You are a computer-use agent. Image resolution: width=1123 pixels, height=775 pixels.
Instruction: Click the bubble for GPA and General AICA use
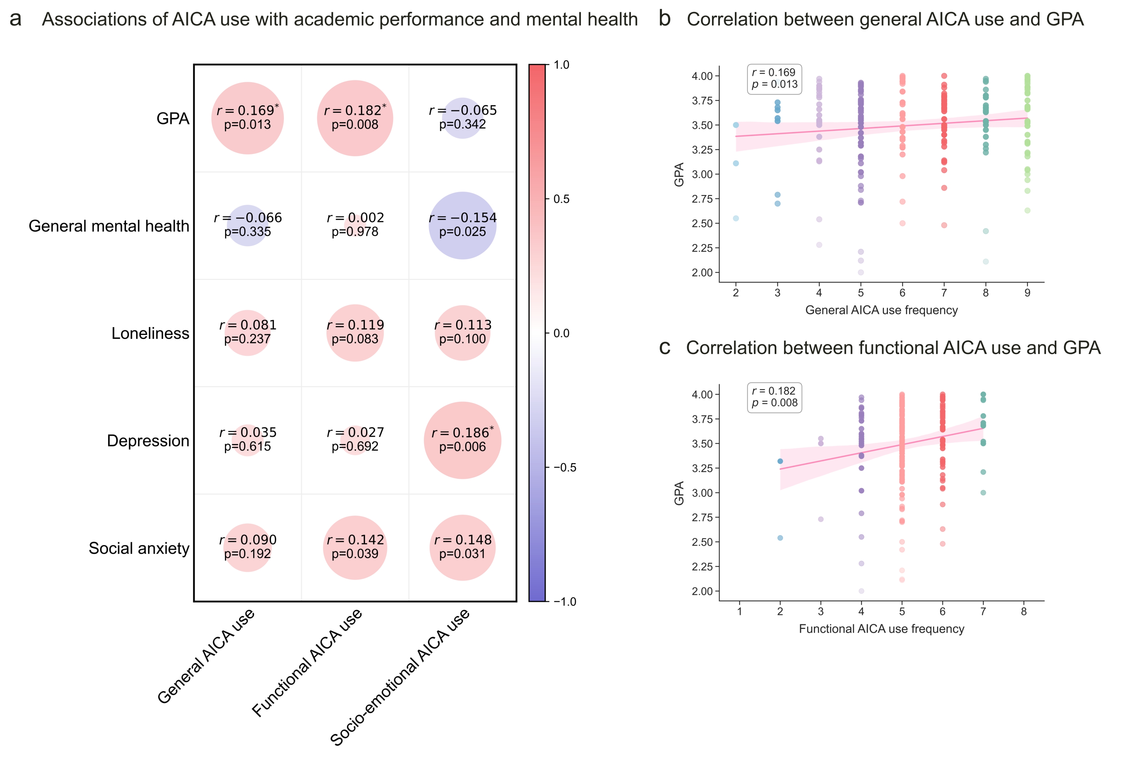point(247,118)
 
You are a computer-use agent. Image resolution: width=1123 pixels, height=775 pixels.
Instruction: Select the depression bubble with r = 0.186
point(462,440)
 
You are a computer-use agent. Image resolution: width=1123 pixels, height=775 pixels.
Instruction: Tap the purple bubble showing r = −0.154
point(462,225)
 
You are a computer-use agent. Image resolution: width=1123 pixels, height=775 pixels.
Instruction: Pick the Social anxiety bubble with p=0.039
point(355,547)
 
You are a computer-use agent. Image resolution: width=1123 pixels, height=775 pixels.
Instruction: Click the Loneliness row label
point(150,333)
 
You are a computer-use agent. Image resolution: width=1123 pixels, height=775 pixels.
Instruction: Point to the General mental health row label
point(109,226)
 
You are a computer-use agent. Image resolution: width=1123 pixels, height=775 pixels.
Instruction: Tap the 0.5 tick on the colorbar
point(561,199)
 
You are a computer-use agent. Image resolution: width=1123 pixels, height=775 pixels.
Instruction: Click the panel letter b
point(664,19)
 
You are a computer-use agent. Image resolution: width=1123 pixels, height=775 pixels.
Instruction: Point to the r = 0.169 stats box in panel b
point(774,79)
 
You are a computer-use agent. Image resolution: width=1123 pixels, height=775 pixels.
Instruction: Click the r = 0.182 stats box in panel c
point(774,397)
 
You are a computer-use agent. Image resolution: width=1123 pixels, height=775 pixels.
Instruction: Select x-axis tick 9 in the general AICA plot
point(1027,293)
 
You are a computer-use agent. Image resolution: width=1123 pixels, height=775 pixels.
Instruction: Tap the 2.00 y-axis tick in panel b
point(702,272)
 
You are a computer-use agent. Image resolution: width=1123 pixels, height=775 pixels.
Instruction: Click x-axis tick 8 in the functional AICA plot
point(1023,611)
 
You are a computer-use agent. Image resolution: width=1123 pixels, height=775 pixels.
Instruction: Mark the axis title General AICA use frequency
point(881,310)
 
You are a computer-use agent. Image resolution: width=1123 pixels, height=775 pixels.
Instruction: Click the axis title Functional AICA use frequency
point(881,629)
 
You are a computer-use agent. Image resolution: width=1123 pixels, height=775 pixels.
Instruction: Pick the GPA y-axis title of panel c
point(679,493)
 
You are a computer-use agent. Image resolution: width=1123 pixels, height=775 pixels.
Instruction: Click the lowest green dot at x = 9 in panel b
point(1027,210)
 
